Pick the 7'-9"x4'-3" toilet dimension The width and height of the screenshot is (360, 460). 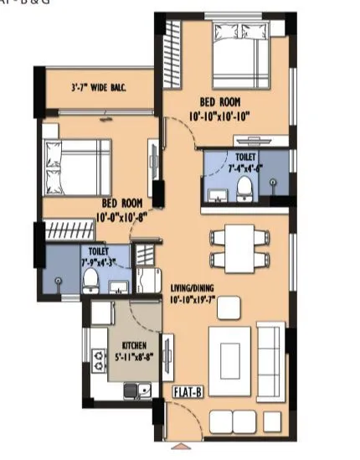coord(95,261)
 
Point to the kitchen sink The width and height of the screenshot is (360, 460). coord(144,389)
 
